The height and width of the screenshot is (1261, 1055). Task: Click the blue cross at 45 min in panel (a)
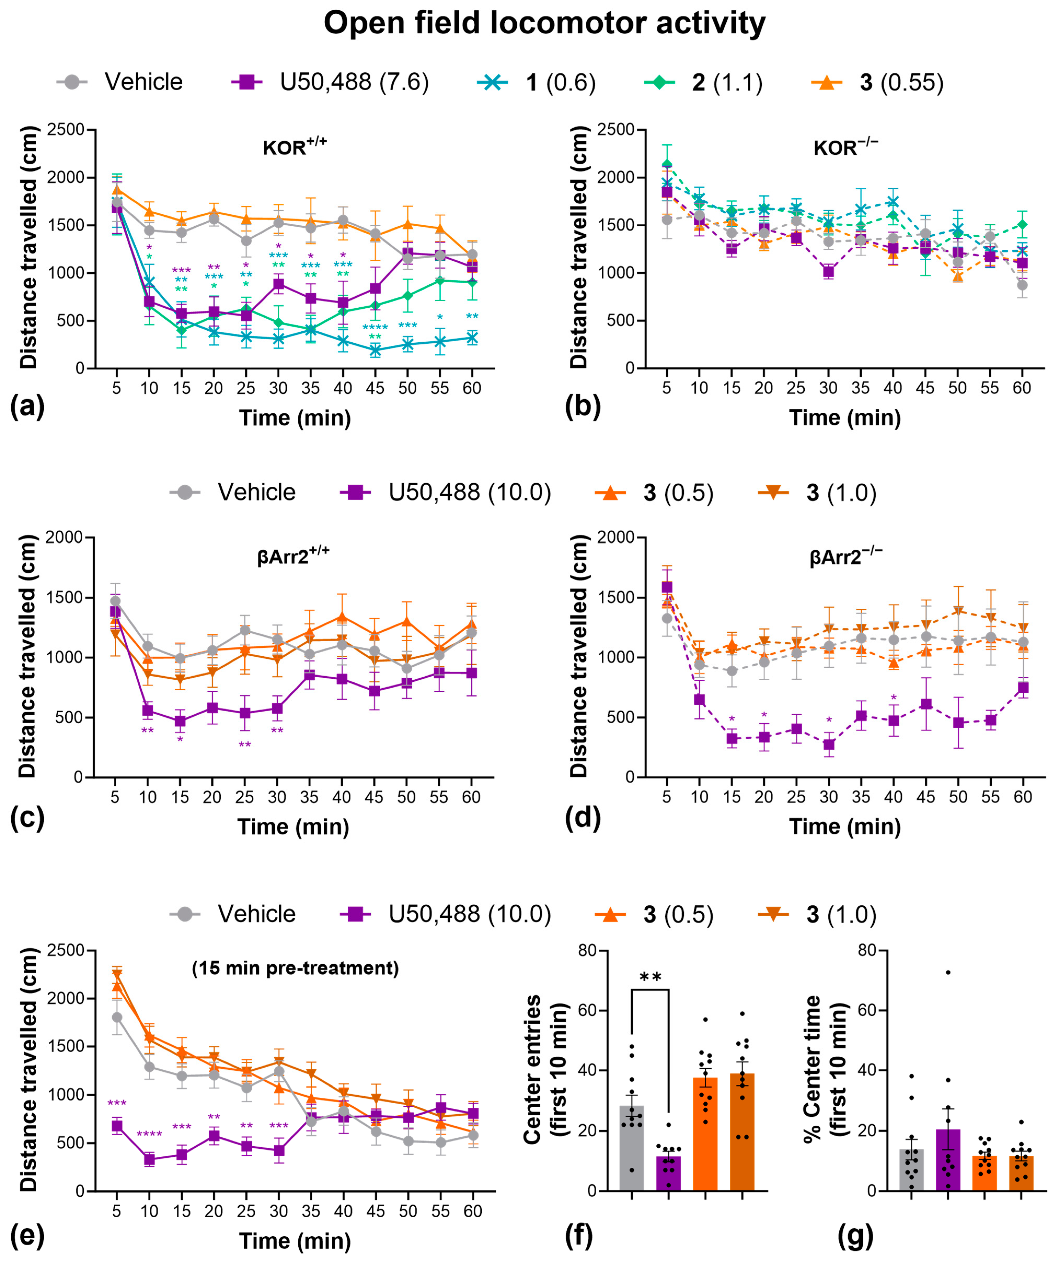tap(375, 350)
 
